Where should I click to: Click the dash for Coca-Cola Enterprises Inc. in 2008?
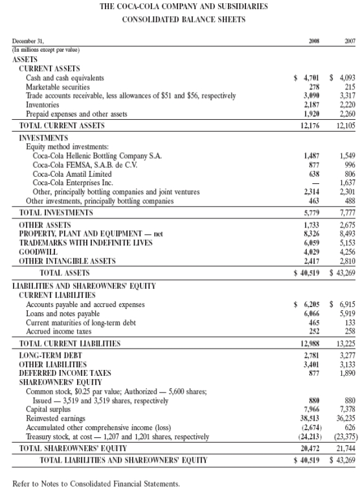coord(317,183)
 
